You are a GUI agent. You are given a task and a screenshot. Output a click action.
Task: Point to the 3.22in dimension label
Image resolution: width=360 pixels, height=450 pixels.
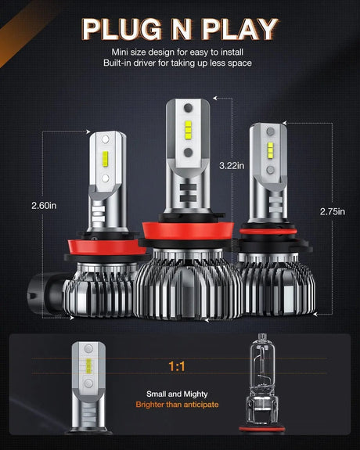tap(231, 166)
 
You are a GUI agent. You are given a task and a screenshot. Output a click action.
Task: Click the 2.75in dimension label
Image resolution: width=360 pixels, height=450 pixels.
tap(332, 211)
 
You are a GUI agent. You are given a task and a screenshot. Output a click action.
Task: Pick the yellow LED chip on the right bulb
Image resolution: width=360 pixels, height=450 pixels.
tap(268, 149)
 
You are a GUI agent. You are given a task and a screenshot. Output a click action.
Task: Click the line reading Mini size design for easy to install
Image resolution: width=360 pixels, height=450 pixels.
tap(180, 52)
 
